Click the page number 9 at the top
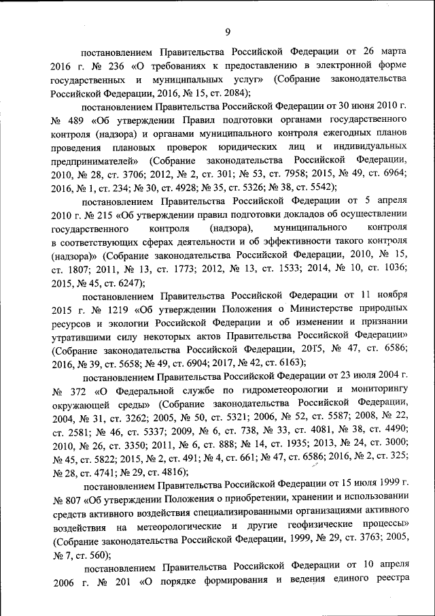pos(228,31)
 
